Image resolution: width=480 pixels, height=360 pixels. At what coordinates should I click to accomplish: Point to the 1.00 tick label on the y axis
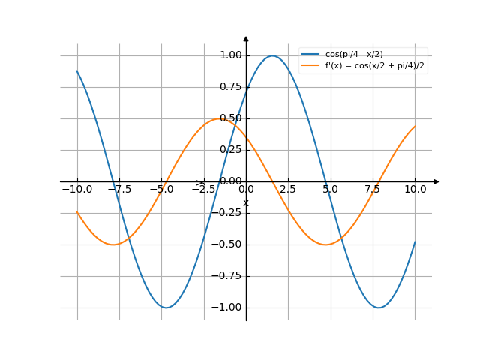coord(230,55)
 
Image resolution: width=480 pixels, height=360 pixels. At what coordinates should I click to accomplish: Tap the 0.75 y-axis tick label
coord(230,87)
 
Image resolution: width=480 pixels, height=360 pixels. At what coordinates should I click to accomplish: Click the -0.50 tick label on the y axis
coord(228,244)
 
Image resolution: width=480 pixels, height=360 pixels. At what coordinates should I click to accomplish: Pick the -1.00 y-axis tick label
coord(228,307)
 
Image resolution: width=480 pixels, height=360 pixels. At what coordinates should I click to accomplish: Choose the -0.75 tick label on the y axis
coord(228,276)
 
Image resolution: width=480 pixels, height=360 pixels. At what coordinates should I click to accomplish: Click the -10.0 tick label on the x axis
coord(77,190)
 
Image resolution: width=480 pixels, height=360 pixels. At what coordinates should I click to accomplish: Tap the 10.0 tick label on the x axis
coord(415,190)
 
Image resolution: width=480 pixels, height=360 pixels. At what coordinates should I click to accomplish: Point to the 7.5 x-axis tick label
coord(373,190)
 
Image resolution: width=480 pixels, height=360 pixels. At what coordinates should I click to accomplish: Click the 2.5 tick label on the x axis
coord(288,190)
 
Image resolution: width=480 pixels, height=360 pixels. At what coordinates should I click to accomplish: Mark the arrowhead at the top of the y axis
coord(246,38)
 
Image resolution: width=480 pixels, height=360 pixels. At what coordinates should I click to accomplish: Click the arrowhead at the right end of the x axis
coord(436,181)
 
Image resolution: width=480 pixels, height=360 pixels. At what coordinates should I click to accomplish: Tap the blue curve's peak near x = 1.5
coord(273,55)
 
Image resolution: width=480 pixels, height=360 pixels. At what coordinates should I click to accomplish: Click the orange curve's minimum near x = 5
coord(326,244)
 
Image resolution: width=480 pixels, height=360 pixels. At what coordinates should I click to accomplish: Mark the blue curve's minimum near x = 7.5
coord(379,307)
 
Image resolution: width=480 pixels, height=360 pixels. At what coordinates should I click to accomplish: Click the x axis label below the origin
coord(246,203)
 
